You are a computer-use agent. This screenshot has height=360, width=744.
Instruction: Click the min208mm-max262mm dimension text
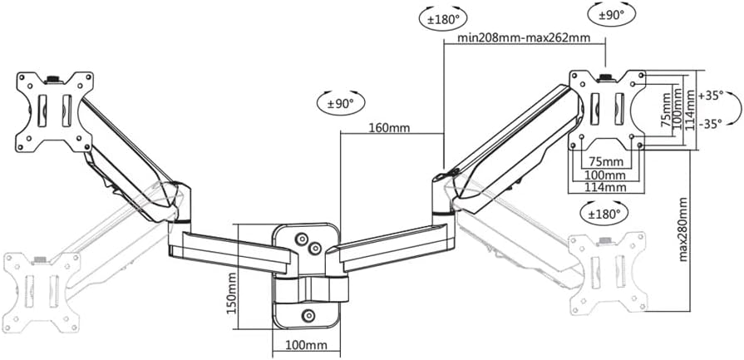tap(523, 38)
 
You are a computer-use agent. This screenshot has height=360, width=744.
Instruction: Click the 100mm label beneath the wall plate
tap(307, 343)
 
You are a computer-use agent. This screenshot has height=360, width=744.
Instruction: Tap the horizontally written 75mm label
tap(605, 160)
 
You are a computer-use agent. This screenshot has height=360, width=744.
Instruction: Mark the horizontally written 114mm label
tap(605, 188)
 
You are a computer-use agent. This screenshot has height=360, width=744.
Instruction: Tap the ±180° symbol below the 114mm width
tap(605, 213)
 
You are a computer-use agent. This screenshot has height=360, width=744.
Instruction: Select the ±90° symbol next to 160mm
tap(341, 103)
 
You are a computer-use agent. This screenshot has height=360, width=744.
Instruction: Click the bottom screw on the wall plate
tap(309, 315)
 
